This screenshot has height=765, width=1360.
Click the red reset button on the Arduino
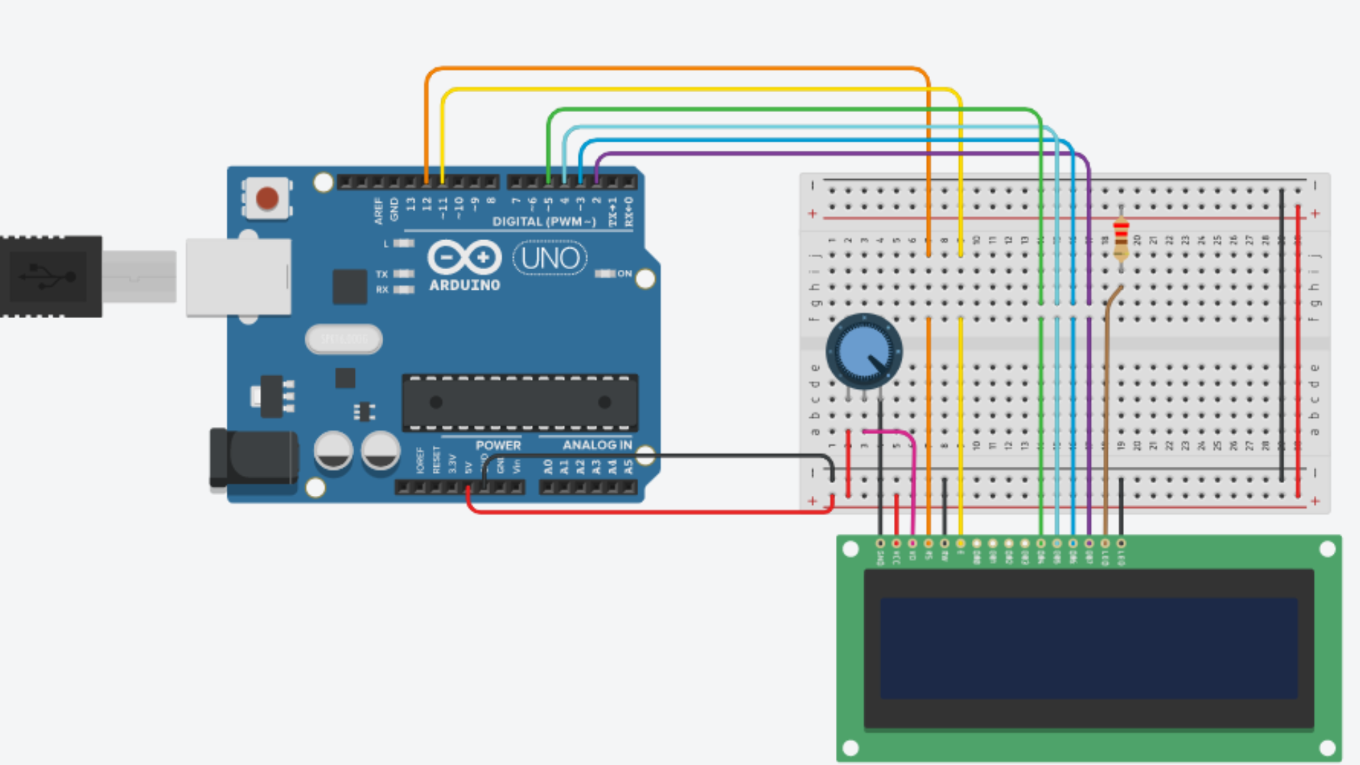[267, 198]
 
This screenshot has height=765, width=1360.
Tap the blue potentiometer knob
[863, 351]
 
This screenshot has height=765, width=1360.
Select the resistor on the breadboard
[1121, 238]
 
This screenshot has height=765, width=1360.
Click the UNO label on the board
[550, 259]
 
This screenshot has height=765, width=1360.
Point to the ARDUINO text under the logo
[465, 285]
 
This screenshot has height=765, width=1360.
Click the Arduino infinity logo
[464, 257]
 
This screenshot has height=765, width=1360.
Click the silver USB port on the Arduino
[239, 277]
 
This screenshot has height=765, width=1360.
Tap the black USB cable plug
[50, 276]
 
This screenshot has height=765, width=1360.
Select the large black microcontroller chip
[520, 402]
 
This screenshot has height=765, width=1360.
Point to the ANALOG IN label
[597, 445]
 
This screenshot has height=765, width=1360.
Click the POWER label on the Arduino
[498, 445]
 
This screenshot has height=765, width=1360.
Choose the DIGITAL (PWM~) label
[544, 222]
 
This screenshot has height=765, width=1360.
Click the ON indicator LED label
[624, 273]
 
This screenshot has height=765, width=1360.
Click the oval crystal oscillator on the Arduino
[344, 339]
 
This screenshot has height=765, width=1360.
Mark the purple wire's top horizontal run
[843, 153]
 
